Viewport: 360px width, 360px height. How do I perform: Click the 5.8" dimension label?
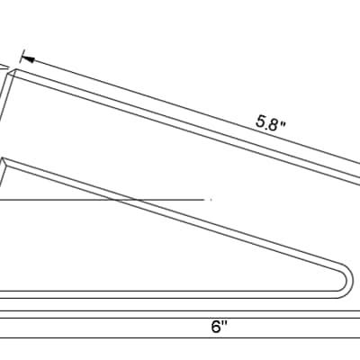coord(270,123)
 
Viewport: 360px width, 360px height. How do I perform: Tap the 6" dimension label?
coord(219,327)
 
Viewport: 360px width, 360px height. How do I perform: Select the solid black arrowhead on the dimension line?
coord(28,58)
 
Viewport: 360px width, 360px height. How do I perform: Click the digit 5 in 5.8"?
coord(261,121)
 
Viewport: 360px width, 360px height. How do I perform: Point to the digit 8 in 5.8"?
coord(273,124)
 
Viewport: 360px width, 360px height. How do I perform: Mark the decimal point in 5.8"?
coord(266,127)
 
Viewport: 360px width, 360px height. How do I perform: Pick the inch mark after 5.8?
coord(282,124)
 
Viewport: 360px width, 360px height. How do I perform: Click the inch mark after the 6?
coord(224,323)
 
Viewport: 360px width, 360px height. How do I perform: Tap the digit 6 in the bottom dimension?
coord(216,327)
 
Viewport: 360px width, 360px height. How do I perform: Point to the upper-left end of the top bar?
coord(16,69)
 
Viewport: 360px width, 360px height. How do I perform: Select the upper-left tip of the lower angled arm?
coord(4,158)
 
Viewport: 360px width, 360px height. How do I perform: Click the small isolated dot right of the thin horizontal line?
coord(211,200)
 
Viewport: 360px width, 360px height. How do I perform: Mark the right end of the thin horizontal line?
coord(204,200)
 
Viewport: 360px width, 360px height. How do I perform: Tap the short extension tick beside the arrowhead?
coord(22,57)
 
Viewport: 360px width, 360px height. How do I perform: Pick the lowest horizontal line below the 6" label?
coord(180,338)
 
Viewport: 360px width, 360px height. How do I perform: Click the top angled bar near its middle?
coord(186,127)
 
